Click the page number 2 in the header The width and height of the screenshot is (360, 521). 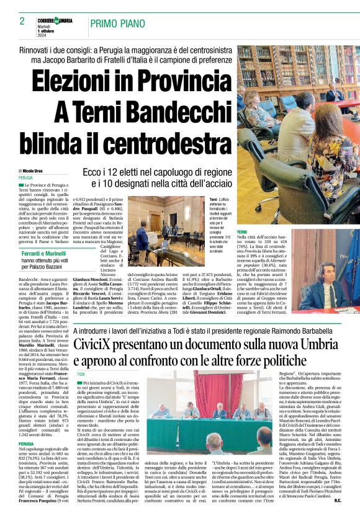tap(22, 21)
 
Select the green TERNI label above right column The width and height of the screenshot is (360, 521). tap(243, 231)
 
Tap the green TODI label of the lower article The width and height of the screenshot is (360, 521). tap(81, 375)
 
